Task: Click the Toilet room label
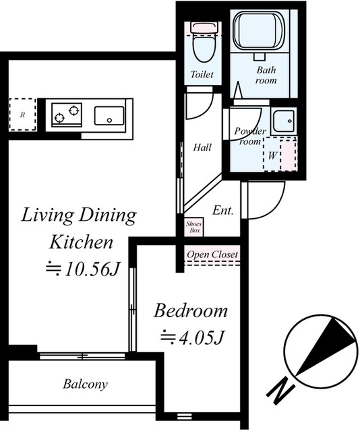coord(202,74)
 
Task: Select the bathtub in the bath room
coord(259,30)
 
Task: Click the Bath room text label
coord(266,75)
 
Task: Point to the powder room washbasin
coord(284,121)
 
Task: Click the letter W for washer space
coord(272,156)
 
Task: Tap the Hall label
coord(202,147)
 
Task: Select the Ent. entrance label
coord(223,211)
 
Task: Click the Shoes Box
coord(194,227)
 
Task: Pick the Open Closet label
coord(212,255)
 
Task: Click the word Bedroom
coord(191,310)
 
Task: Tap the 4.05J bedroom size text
coord(192,337)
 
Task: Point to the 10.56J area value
coord(83,269)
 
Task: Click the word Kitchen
coord(81,242)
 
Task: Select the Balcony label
coord(85,384)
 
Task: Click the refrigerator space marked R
coord(22,114)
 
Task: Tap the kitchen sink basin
coord(109,116)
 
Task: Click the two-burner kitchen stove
coord(67,115)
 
